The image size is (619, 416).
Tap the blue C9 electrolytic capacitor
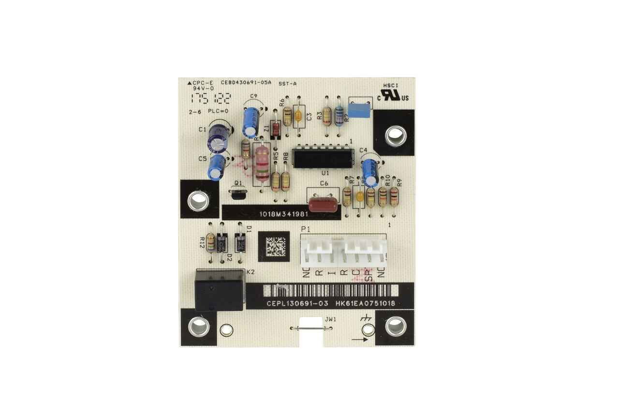[251, 120]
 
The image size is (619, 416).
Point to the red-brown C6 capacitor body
[323, 203]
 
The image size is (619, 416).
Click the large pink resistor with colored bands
[262, 163]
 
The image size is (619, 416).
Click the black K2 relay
[219, 291]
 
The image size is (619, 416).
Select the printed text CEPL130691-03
[297, 303]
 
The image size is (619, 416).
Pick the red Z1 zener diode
[276, 129]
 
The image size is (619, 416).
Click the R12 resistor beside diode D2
[210, 242]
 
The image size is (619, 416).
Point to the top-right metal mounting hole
[395, 135]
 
